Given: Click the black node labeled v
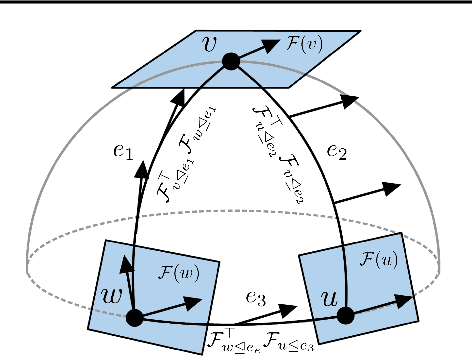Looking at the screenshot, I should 231,61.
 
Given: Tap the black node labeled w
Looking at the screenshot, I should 133,317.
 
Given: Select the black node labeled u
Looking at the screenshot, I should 346,315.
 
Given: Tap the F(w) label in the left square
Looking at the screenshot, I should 181,270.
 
